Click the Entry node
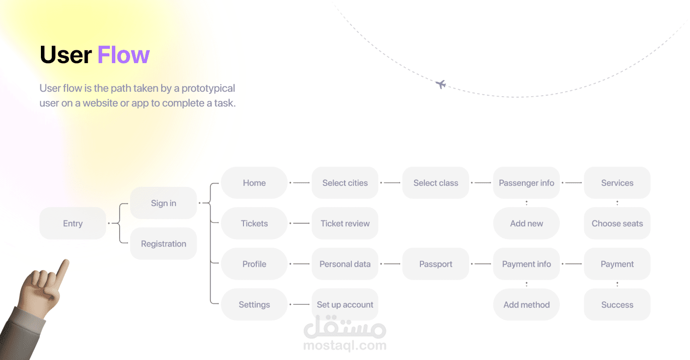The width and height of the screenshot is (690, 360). (72, 223)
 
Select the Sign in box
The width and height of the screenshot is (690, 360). (163, 203)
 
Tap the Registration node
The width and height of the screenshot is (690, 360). (163, 244)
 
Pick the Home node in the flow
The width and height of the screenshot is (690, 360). (254, 183)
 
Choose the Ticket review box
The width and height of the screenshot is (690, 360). (345, 223)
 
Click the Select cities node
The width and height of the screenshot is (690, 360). (345, 183)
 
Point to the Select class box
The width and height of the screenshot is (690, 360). (436, 183)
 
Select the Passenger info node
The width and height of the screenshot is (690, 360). (526, 183)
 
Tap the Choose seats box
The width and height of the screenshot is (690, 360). (617, 223)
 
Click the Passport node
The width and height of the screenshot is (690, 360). (436, 264)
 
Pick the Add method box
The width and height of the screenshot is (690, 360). (526, 304)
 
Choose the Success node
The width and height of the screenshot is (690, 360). (617, 304)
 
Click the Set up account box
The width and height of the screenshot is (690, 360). (345, 304)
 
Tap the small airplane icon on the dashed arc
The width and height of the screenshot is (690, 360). (441, 84)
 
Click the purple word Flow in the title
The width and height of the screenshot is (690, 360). (123, 55)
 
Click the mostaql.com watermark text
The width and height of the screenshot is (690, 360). (345, 345)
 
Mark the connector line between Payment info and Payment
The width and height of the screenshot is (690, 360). (573, 264)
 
